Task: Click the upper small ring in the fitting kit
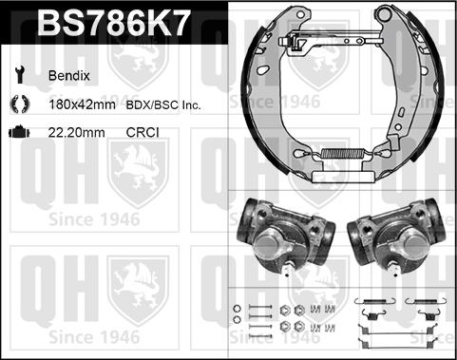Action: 233,310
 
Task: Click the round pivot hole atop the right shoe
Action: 386,15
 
